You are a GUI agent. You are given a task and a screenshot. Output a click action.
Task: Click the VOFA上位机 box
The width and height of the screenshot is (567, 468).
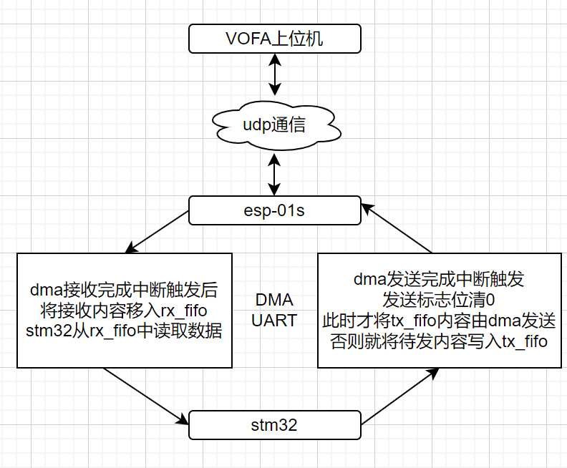pos(274,38)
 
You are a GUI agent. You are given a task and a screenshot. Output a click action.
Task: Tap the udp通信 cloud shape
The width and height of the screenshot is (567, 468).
pos(274,126)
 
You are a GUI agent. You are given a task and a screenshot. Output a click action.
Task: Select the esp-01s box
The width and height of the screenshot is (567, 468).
pos(274,211)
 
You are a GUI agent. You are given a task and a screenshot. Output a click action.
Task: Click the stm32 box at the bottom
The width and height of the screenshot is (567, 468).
pos(274,425)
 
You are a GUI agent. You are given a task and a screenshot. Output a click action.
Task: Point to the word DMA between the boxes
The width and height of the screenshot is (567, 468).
pos(274,301)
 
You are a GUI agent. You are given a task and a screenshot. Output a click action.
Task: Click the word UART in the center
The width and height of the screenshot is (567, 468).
pos(274,320)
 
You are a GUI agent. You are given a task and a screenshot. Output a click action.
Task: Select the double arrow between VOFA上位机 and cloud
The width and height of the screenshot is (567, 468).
pos(274,74)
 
